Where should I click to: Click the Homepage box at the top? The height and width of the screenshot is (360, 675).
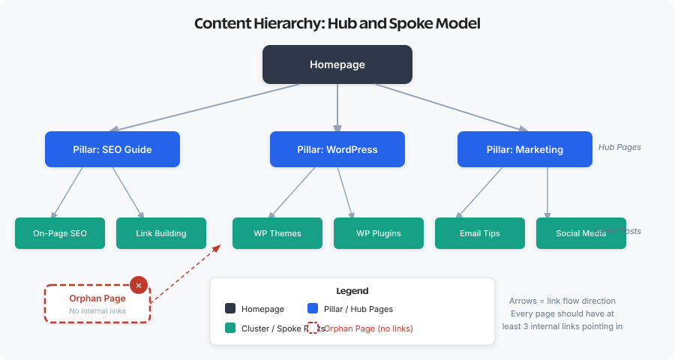(x=337, y=64)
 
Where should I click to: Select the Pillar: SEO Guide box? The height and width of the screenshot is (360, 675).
(x=112, y=149)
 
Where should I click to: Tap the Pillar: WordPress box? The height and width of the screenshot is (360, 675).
(x=337, y=149)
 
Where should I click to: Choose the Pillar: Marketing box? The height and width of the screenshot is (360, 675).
(x=525, y=149)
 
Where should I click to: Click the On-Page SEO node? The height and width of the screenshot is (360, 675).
(x=60, y=233)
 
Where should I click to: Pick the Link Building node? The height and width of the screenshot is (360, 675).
(x=161, y=233)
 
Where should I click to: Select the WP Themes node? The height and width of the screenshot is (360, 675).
(x=277, y=233)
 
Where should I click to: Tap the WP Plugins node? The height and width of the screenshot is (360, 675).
(x=379, y=233)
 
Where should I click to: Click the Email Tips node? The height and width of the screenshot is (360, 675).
(x=480, y=233)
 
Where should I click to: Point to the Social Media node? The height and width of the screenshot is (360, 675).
(x=581, y=233)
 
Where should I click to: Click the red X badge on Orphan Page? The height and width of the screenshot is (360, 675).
(x=139, y=286)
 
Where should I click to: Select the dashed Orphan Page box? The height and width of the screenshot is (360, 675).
(x=97, y=304)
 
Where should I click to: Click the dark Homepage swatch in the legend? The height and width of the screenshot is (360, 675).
(x=230, y=309)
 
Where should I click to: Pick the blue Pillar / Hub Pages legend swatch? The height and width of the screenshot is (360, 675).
(x=313, y=309)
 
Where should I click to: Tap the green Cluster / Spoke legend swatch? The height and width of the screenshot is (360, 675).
(x=230, y=328)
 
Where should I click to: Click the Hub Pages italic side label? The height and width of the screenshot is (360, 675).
(x=619, y=147)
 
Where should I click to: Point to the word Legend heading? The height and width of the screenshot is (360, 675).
(x=352, y=291)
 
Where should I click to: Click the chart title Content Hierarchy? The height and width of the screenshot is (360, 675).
(x=337, y=23)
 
